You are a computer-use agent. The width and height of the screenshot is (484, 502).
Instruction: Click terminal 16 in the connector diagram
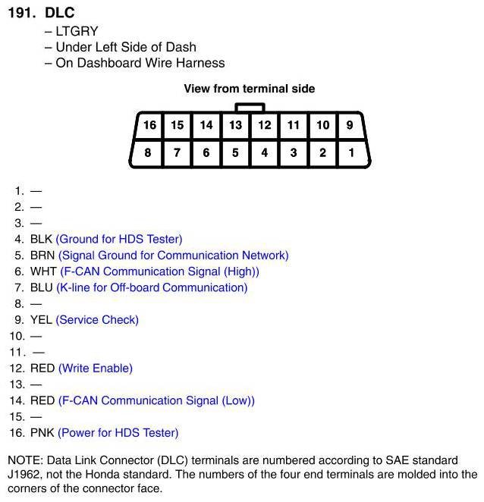pos(149,125)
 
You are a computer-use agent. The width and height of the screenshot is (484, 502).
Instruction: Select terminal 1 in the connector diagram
pos(350,152)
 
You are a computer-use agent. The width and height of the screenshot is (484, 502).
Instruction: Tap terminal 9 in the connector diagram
pos(350,125)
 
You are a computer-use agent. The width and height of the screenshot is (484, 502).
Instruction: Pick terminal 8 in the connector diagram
pos(148,152)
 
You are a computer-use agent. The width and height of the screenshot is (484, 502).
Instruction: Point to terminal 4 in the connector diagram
pos(264,152)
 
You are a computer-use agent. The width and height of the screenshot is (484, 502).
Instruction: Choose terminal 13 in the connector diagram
pos(236,125)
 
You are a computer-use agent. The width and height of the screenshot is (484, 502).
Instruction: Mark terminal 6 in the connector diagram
pos(206,152)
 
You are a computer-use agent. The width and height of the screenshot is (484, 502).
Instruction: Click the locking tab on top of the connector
pos(250,108)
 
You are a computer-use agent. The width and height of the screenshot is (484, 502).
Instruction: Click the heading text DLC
pos(60,13)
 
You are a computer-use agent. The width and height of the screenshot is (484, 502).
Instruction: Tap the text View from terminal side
pos(249,89)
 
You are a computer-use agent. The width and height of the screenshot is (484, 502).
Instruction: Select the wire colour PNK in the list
pos(42,433)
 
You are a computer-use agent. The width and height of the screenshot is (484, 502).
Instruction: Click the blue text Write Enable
pos(96,369)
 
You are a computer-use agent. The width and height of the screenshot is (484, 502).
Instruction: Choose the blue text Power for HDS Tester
pos(118,433)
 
